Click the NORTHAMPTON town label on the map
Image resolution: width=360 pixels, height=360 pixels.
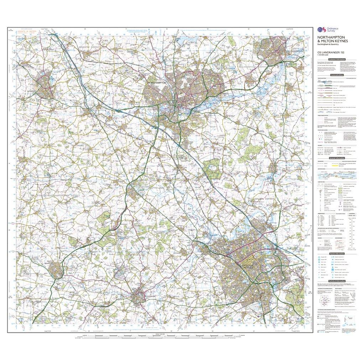click(x=157, y=83)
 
